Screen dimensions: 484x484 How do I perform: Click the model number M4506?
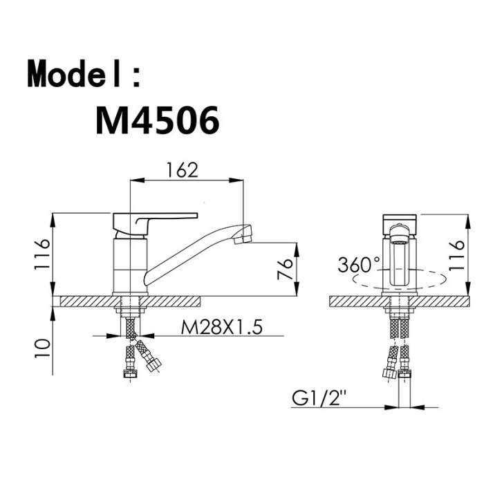(x=158, y=120)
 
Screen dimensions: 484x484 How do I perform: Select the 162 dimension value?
(x=182, y=170)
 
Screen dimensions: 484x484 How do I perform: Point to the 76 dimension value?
(x=285, y=269)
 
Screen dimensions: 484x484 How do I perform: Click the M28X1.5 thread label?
(x=222, y=327)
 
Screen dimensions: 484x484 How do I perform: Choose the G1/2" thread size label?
(x=319, y=398)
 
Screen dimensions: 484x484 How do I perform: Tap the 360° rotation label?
(x=359, y=265)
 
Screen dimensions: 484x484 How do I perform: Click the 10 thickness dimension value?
(x=42, y=348)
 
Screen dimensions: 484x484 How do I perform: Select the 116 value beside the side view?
(x=42, y=254)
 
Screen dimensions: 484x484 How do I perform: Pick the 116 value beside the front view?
(x=456, y=255)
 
